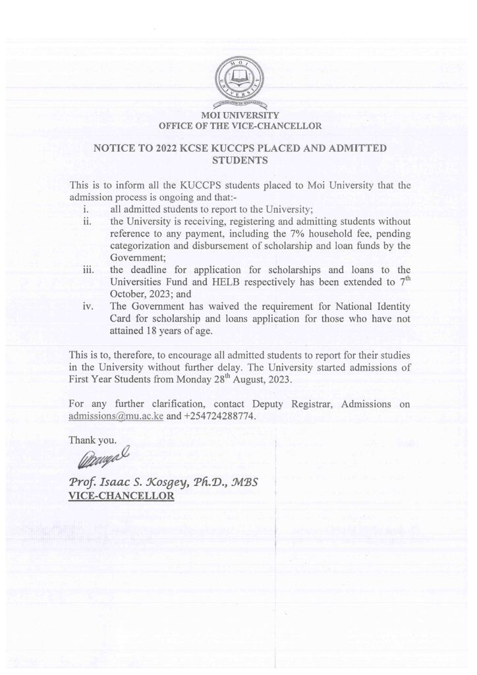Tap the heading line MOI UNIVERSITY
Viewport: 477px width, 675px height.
click(x=238, y=115)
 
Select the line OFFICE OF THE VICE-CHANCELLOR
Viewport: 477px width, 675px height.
click(x=240, y=125)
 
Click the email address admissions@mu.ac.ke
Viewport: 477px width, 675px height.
click(x=115, y=417)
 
